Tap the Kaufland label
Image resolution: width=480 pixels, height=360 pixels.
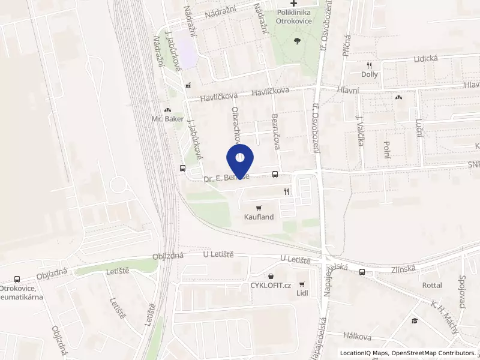[259, 217]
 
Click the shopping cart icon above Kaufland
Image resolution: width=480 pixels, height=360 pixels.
[259, 208]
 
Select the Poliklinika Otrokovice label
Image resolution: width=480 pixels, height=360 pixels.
[293, 16]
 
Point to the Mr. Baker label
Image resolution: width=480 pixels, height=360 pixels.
[167, 119]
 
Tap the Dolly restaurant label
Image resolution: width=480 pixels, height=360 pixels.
[370, 74]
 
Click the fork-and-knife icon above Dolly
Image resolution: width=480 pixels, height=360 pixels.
[370, 65]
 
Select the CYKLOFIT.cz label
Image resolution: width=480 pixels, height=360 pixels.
[271, 285]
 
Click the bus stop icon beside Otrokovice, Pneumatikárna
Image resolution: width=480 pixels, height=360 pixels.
[17, 279]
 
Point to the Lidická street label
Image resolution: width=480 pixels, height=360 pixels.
[427, 59]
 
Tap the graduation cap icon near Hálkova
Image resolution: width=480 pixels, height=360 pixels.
[414, 321]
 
